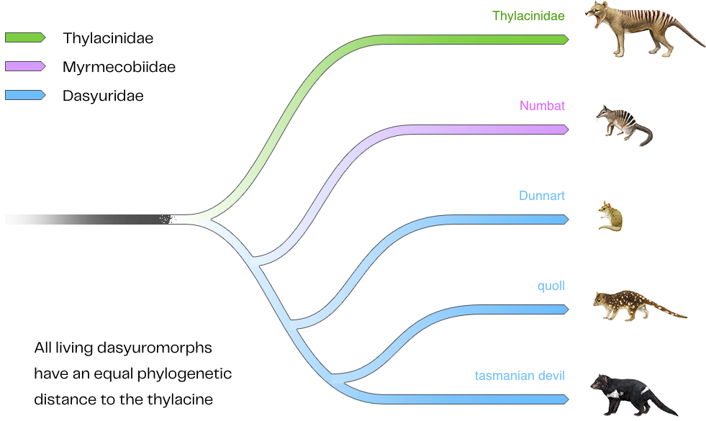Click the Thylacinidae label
pos(528,16)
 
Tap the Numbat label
pos(542,106)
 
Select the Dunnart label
pos(542,196)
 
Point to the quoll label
pos(551,286)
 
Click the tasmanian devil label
pos(520,376)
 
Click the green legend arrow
pos(25,37)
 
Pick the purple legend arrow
pos(25,66)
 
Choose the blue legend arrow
pos(25,95)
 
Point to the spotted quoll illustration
pos(633,304)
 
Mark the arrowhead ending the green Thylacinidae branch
pos(565,40)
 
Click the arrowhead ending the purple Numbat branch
pos(565,130)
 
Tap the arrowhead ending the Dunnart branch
pos(565,219)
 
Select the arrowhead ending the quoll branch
pos(565,309)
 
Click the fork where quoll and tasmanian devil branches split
pos(333,377)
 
